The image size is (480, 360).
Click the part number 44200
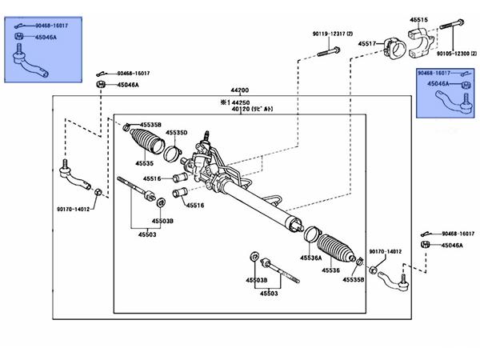[x=240, y=90]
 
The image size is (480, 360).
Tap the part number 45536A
[x=311, y=258]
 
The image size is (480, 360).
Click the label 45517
[x=367, y=43]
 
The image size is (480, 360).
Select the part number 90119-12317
[x=331, y=34]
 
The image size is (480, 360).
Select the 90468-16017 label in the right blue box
[x=445, y=74]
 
